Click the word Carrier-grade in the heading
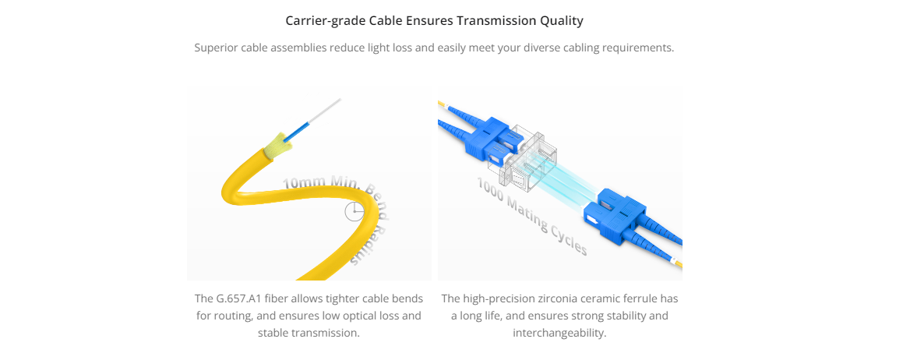click(326, 21)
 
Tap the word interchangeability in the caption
click(559, 334)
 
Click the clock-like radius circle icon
click(354, 212)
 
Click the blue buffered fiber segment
click(297, 127)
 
